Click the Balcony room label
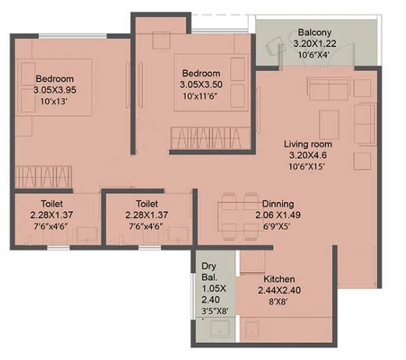point(315,33)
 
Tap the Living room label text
point(308,144)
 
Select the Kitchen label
point(279,279)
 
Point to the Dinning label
point(278,204)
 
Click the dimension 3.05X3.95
point(54,90)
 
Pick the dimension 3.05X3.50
point(201,85)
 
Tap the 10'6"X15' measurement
point(307,166)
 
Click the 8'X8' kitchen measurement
point(279,301)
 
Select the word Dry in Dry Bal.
point(208,267)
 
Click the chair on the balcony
point(274,46)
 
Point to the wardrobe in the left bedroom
point(43,177)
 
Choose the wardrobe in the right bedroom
point(210,138)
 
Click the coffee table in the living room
point(329,125)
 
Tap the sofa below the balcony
point(328,89)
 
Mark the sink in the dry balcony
point(219,329)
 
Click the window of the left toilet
point(59,248)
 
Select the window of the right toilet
point(150,248)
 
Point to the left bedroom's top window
point(73,36)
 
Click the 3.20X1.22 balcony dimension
point(315,44)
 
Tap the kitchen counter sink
point(251,329)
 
